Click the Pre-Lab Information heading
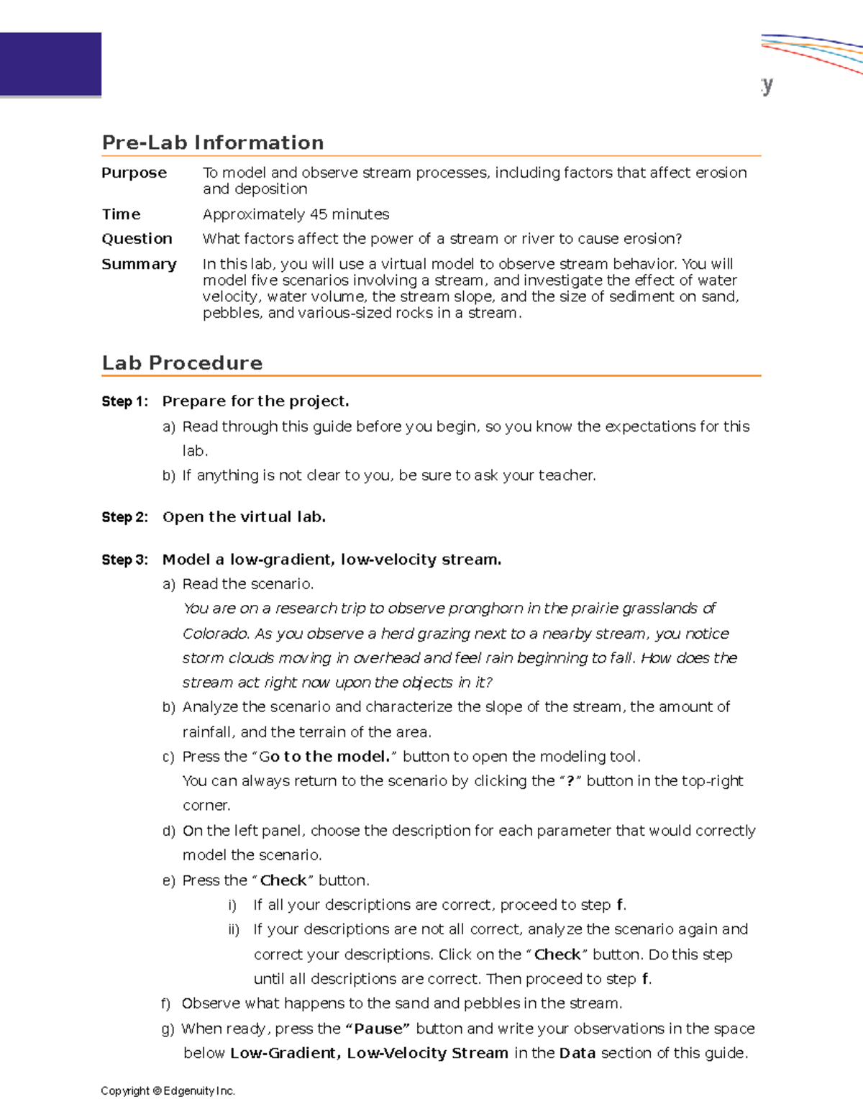(213, 142)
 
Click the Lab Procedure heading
(182, 363)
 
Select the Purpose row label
(134, 173)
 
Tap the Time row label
(121, 214)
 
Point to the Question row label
(137, 239)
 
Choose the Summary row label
(139, 264)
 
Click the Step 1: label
(124, 401)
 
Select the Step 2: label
(124, 517)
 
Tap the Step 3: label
(124, 560)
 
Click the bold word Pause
(378, 1029)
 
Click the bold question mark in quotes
(570, 781)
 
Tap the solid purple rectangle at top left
(50, 64)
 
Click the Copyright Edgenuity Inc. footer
(168, 1091)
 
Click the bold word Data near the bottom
(577, 1054)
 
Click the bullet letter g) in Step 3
(168, 1029)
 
